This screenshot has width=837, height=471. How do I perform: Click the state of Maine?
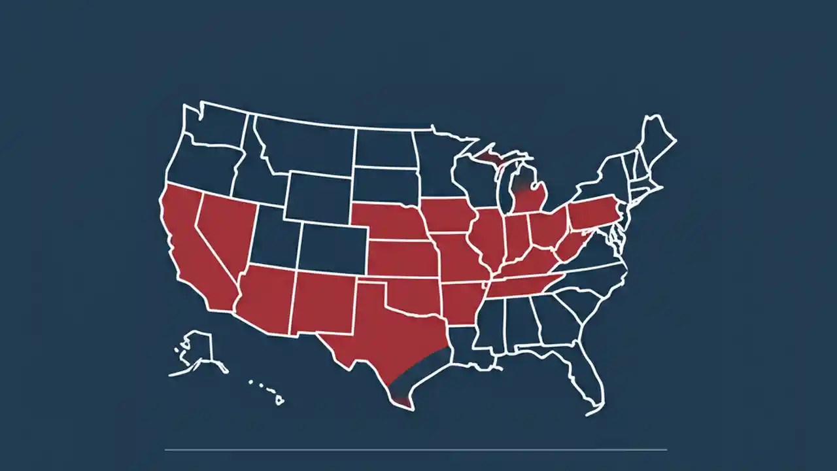(657, 141)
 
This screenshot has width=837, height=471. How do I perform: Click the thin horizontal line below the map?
(416, 449)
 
